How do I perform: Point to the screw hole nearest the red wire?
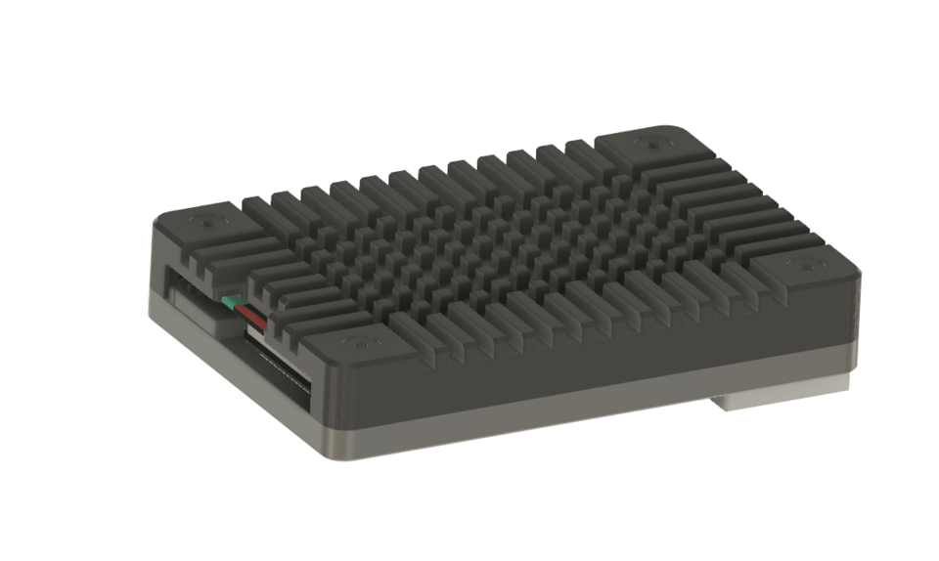[360, 342]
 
